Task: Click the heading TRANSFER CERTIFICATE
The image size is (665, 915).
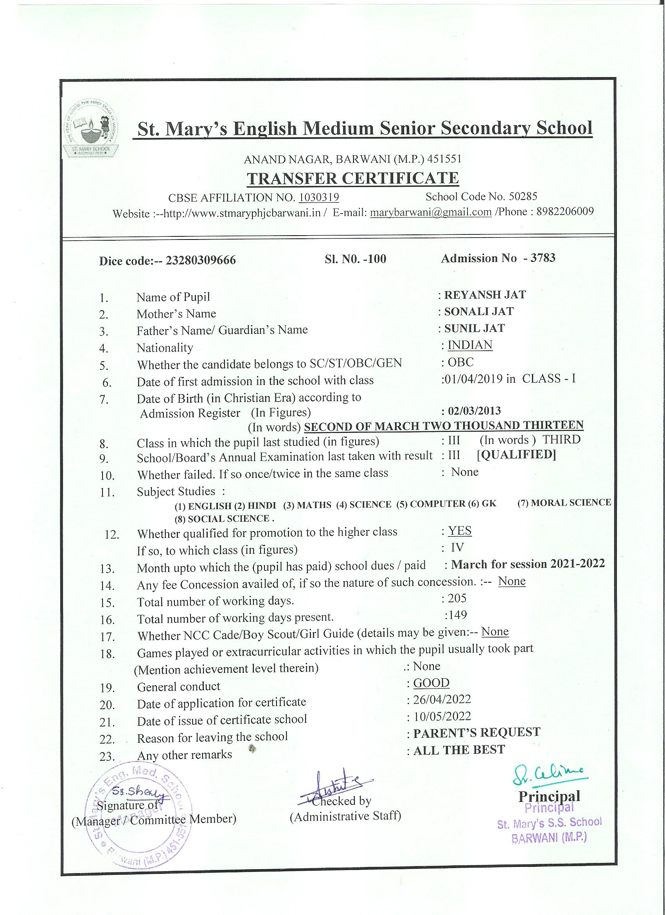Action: coord(352,178)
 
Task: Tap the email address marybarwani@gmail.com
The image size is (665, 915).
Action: coord(430,212)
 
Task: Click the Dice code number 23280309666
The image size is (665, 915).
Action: coord(201,261)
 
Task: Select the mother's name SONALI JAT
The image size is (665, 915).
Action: coord(479,312)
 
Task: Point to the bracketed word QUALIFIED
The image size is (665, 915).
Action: coord(516,455)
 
